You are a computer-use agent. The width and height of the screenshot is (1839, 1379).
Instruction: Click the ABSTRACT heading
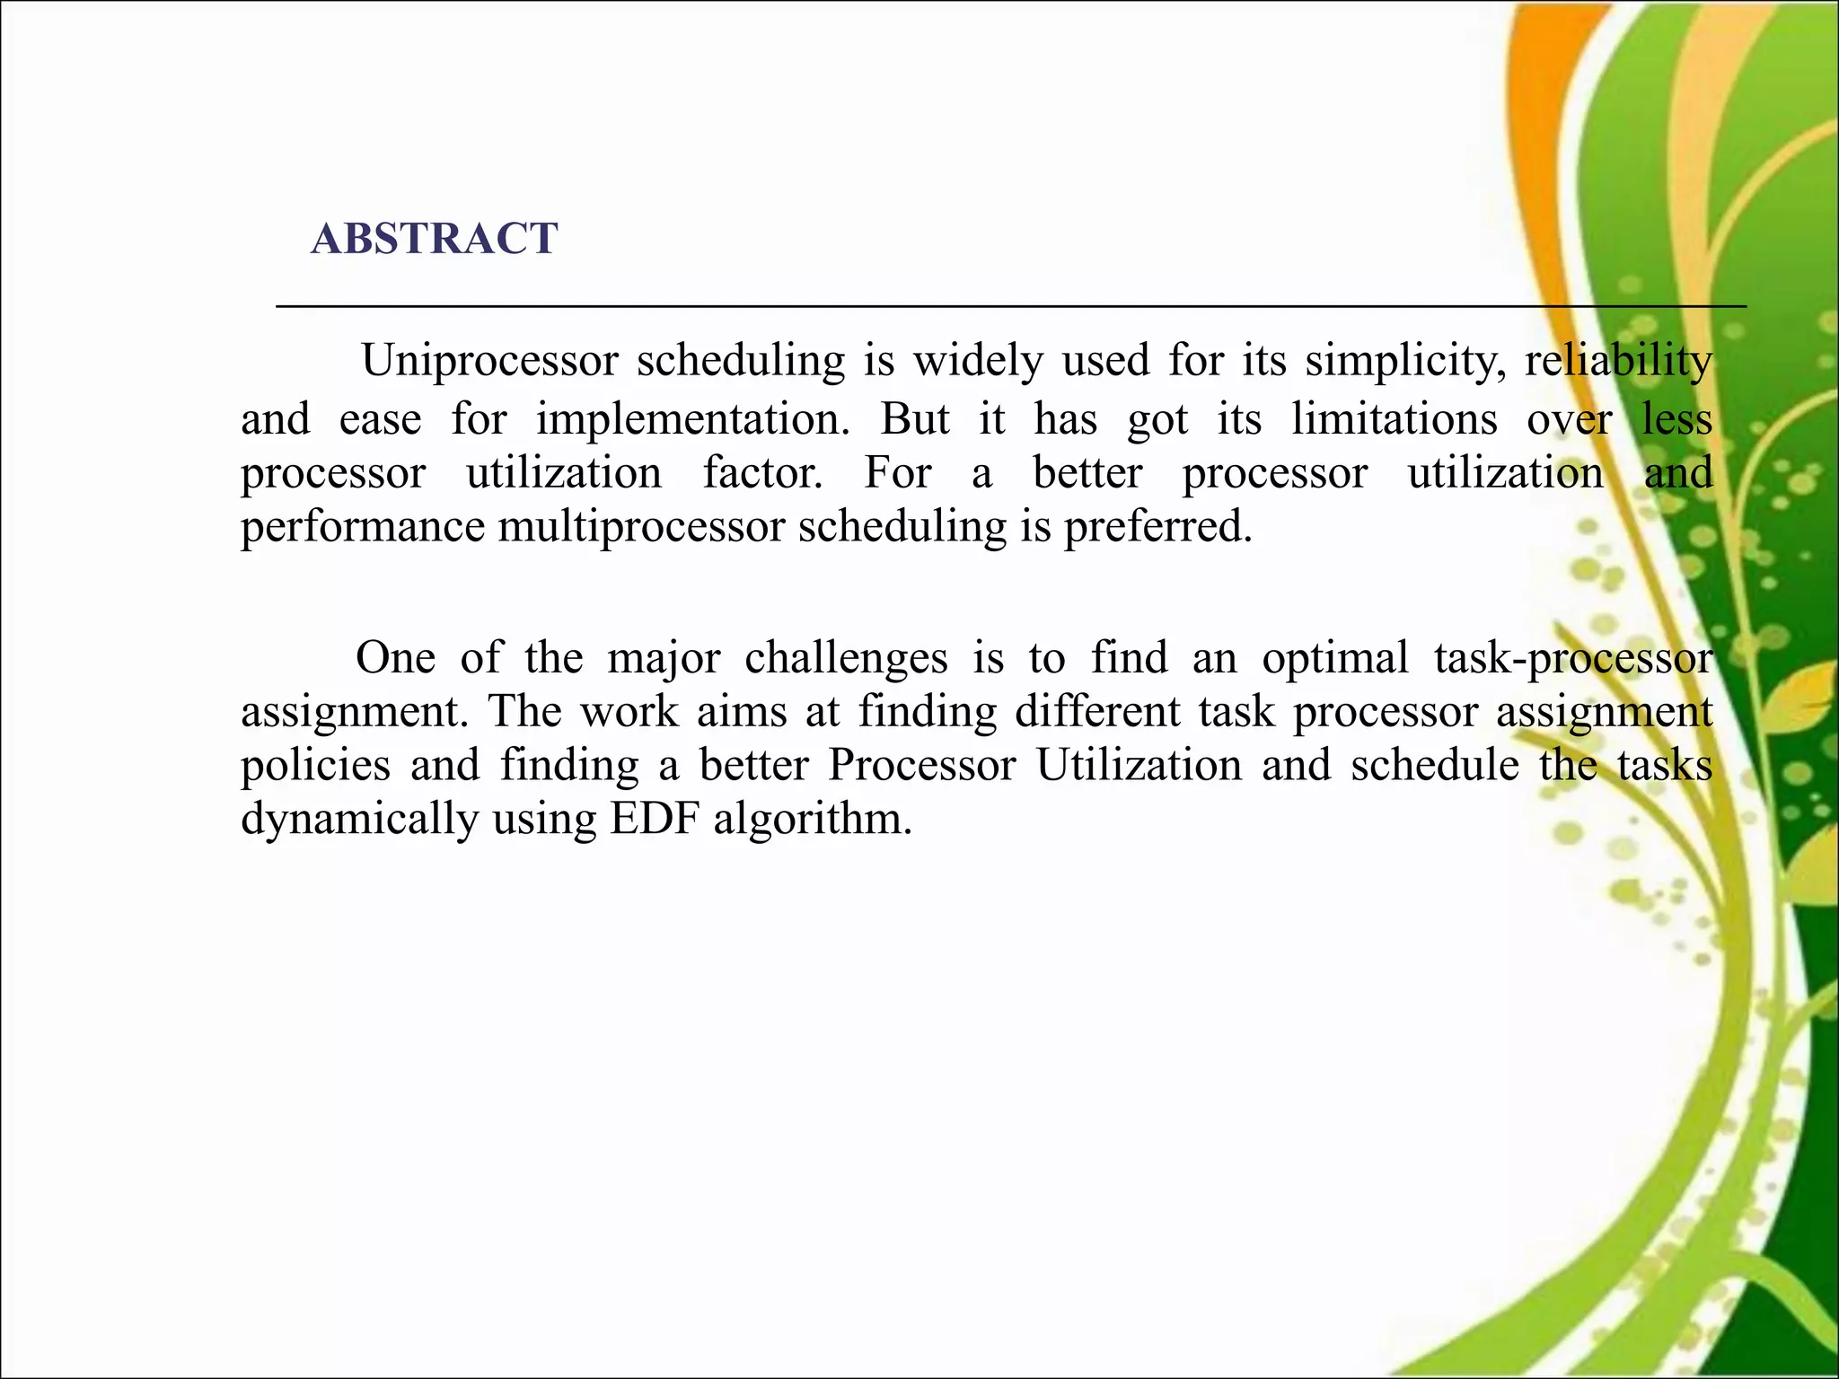[435, 239]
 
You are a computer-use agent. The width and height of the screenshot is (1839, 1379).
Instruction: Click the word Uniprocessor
[489, 361]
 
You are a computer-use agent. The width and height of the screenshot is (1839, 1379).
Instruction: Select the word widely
[978, 361]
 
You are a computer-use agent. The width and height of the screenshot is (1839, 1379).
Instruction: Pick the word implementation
[692, 419]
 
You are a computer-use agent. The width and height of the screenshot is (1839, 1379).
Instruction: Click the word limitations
[1394, 419]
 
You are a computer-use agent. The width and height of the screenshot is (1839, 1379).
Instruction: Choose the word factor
[762, 473]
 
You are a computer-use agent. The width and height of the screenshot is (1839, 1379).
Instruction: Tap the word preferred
[1157, 526]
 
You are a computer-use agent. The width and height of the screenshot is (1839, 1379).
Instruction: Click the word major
[664, 657]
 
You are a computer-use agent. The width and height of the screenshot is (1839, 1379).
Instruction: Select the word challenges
[846, 657]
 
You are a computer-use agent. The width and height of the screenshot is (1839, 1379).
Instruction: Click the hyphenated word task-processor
[1573, 657]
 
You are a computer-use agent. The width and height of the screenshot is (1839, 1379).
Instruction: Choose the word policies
[315, 765]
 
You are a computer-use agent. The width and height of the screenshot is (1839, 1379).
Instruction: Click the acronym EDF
[654, 819]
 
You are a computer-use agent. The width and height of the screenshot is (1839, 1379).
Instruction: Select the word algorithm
[812, 819]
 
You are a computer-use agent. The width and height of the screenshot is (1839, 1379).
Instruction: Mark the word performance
[363, 526]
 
